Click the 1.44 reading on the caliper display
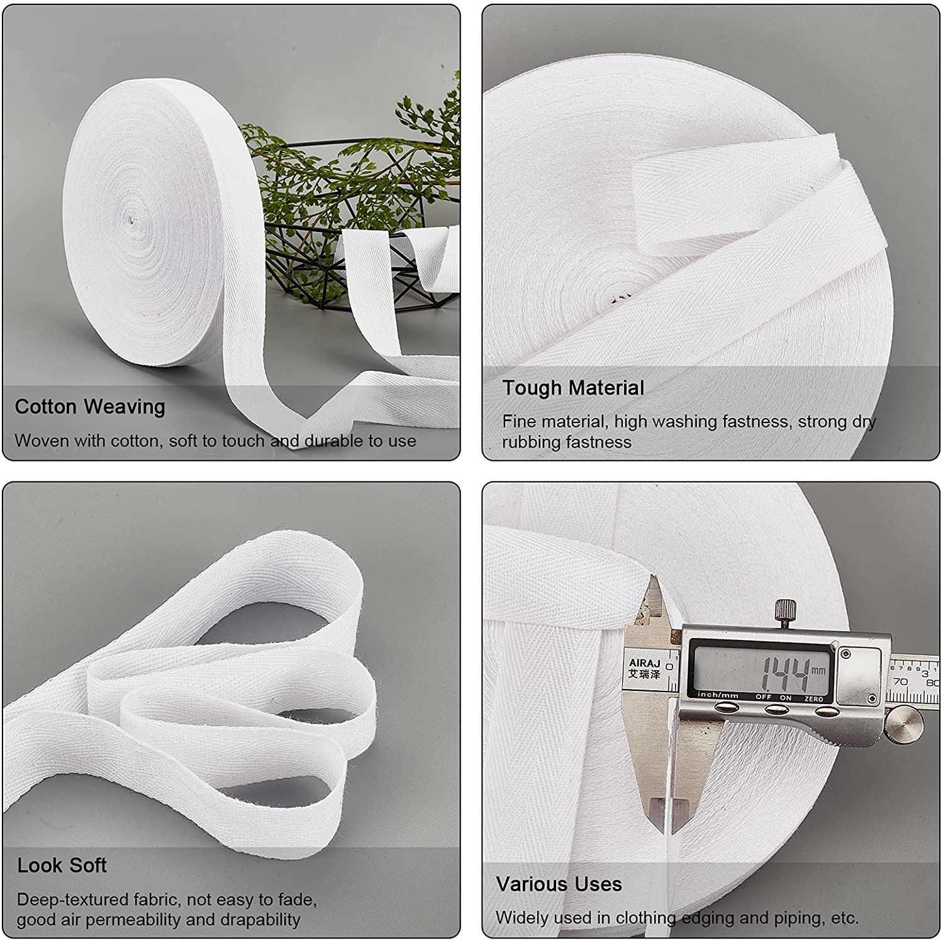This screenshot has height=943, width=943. pos(784,674)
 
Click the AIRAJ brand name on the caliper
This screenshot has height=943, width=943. pos(644,662)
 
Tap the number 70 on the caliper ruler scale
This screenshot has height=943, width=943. pos(900,681)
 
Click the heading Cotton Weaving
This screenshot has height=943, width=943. pos(90,407)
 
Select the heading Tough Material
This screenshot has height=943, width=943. pos(573,388)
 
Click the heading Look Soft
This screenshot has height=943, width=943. pos(62,866)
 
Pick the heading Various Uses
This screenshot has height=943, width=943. pos(559,884)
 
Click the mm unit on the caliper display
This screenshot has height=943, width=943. pos(818,670)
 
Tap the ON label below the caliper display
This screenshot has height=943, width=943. pos(786,698)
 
